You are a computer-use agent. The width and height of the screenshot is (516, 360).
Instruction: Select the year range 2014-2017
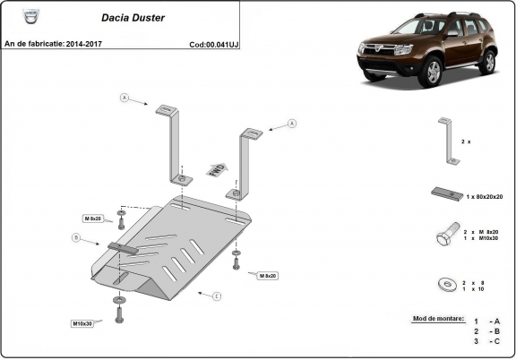82,43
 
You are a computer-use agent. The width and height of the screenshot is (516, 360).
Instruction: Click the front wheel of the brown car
434,71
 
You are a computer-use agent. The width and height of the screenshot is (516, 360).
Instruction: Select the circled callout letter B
76,238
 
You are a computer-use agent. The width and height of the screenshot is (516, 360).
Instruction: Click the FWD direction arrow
215,169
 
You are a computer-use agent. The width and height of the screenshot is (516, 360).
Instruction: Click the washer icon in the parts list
445,285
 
